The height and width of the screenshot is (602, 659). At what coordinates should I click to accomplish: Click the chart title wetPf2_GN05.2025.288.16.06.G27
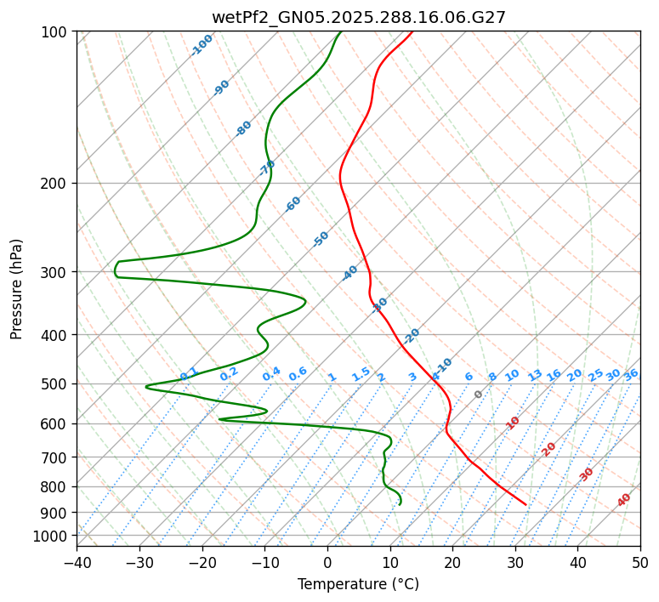click(x=358, y=17)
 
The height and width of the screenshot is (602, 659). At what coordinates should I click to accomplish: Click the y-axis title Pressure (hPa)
click(x=17, y=289)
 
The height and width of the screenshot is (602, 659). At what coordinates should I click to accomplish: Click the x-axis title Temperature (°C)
click(x=358, y=585)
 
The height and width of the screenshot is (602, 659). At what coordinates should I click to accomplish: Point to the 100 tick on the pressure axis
click(x=56, y=32)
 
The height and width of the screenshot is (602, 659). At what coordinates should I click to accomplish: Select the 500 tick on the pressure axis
click(x=56, y=384)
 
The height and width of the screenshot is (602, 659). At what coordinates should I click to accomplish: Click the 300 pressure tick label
click(x=56, y=272)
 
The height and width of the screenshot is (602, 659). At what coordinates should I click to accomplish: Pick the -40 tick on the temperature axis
click(x=77, y=562)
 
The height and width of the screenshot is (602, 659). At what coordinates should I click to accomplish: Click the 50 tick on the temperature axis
click(x=640, y=562)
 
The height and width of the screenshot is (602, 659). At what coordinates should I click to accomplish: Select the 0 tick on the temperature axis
click(x=327, y=562)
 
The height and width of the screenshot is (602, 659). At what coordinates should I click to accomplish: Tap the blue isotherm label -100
click(x=202, y=45)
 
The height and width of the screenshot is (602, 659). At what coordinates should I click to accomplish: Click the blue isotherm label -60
click(x=293, y=204)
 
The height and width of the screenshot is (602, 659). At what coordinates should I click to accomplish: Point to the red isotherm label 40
click(x=624, y=500)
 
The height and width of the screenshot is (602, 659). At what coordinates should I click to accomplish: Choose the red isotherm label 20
click(x=549, y=448)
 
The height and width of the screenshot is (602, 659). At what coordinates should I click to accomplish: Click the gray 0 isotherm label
click(x=479, y=395)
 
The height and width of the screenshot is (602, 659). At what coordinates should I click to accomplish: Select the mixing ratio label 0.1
click(x=189, y=374)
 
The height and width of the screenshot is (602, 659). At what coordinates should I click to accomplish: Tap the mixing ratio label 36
click(x=631, y=374)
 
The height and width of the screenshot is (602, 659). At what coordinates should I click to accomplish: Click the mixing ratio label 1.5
click(x=361, y=374)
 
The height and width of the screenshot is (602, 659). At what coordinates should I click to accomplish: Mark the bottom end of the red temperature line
click(x=525, y=505)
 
